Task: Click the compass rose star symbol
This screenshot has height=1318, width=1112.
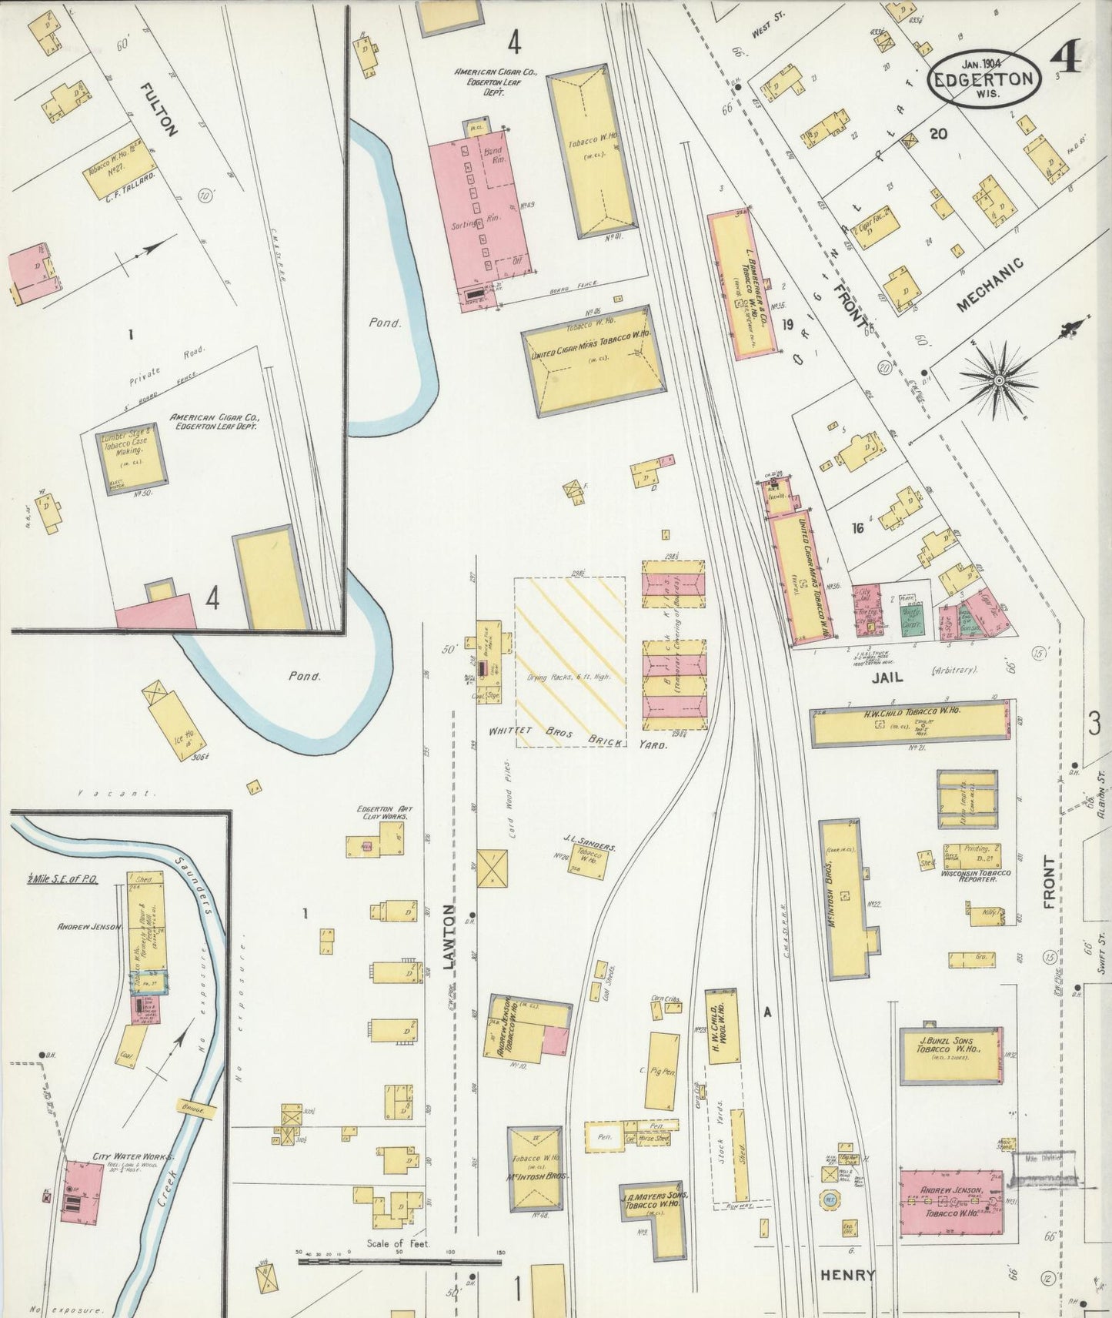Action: [x=999, y=380]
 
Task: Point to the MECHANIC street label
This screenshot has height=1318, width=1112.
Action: [x=990, y=285]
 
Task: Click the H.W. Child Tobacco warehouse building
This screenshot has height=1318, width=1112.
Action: [x=908, y=723]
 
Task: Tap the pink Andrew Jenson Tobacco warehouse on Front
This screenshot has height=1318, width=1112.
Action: [x=951, y=1204]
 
